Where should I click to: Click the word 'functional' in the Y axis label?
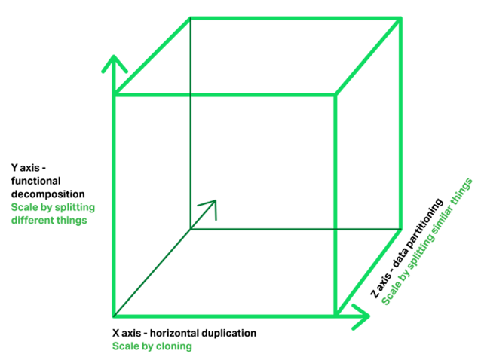(x=36, y=181)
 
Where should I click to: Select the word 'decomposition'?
(x=47, y=194)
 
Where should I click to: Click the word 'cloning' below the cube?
(x=174, y=346)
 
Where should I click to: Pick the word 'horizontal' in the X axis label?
(x=175, y=333)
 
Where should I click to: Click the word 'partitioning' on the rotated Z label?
(x=424, y=224)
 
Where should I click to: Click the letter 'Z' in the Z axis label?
(x=374, y=294)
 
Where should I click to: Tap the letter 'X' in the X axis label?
(x=115, y=333)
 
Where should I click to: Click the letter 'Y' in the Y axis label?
(x=14, y=168)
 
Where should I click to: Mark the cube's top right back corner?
(x=400, y=19)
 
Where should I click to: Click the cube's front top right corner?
(x=335, y=95)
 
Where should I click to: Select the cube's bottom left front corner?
(x=114, y=316)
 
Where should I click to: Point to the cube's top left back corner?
(x=191, y=18)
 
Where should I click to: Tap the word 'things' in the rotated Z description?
(x=462, y=191)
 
